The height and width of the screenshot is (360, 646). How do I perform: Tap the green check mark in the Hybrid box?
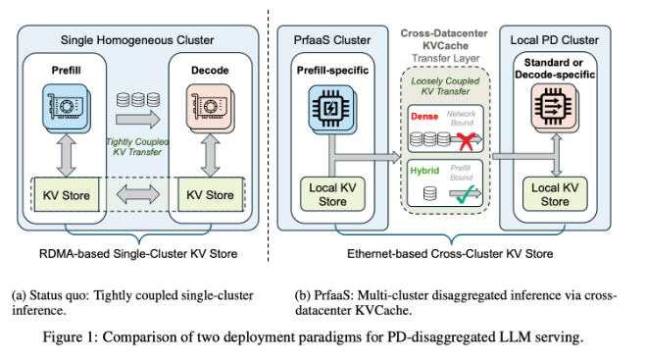point(465,192)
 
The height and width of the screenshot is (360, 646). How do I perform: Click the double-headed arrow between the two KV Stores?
point(136,195)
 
